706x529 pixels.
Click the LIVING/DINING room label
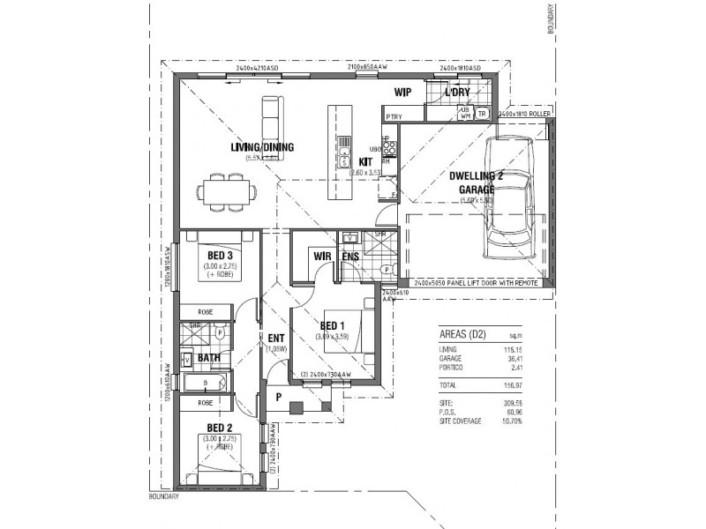coord(262,147)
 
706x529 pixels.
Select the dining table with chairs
coord(228,191)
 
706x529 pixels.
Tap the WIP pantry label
coord(402,92)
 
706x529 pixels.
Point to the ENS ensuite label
coord(350,257)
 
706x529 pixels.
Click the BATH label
coord(208,358)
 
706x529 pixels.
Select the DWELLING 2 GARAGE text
coord(475,182)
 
